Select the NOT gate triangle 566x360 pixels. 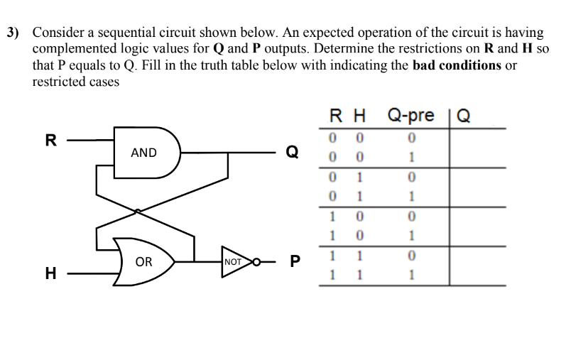point(233,261)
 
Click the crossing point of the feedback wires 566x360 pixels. point(137,210)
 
